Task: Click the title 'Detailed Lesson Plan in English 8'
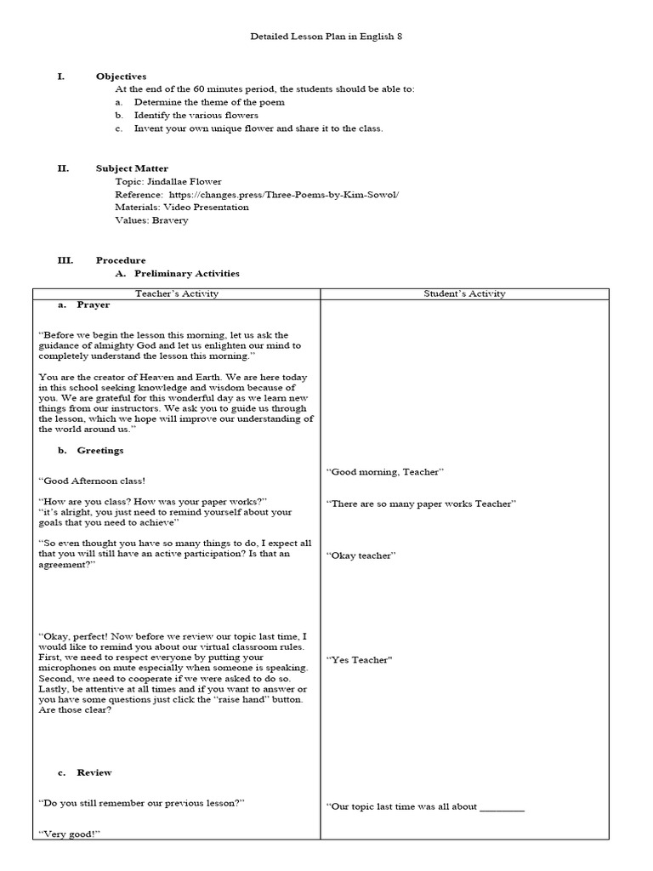click(x=326, y=37)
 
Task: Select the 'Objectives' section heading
click(x=121, y=77)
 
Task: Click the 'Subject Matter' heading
click(x=132, y=168)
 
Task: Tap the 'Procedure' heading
click(x=121, y=260)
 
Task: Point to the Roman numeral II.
click(x=63, y=168)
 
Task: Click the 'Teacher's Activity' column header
click(x=177, y=293)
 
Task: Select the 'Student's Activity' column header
click(x=464, y=293)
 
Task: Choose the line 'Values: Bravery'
click(x=151, y=219)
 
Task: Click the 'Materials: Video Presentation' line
click(x=182, y=207)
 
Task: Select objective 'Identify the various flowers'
click(x=196, y=115)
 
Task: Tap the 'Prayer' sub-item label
click(x=93, y=305)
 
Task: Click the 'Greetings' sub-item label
click(x=99, y=450)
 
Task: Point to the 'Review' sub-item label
click(x=94, y=772)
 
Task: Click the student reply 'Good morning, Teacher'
click(x=386, y=471)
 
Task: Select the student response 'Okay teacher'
click(x=361, y=555)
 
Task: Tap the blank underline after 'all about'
click(x=502, y=806)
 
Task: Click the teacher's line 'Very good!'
click(x=70, y=834)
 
